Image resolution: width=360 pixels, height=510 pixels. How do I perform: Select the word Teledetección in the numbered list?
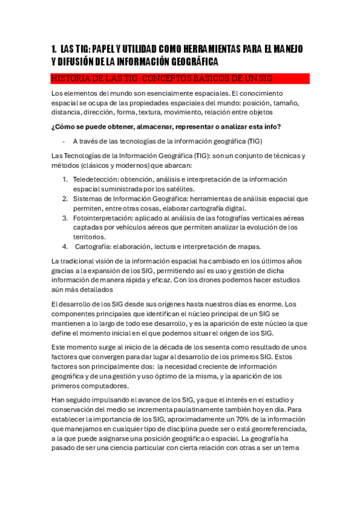coord(96,179)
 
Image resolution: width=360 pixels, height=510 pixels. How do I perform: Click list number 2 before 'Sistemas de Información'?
coord(65,198)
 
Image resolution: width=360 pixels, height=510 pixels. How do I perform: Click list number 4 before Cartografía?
coord(65,247)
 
